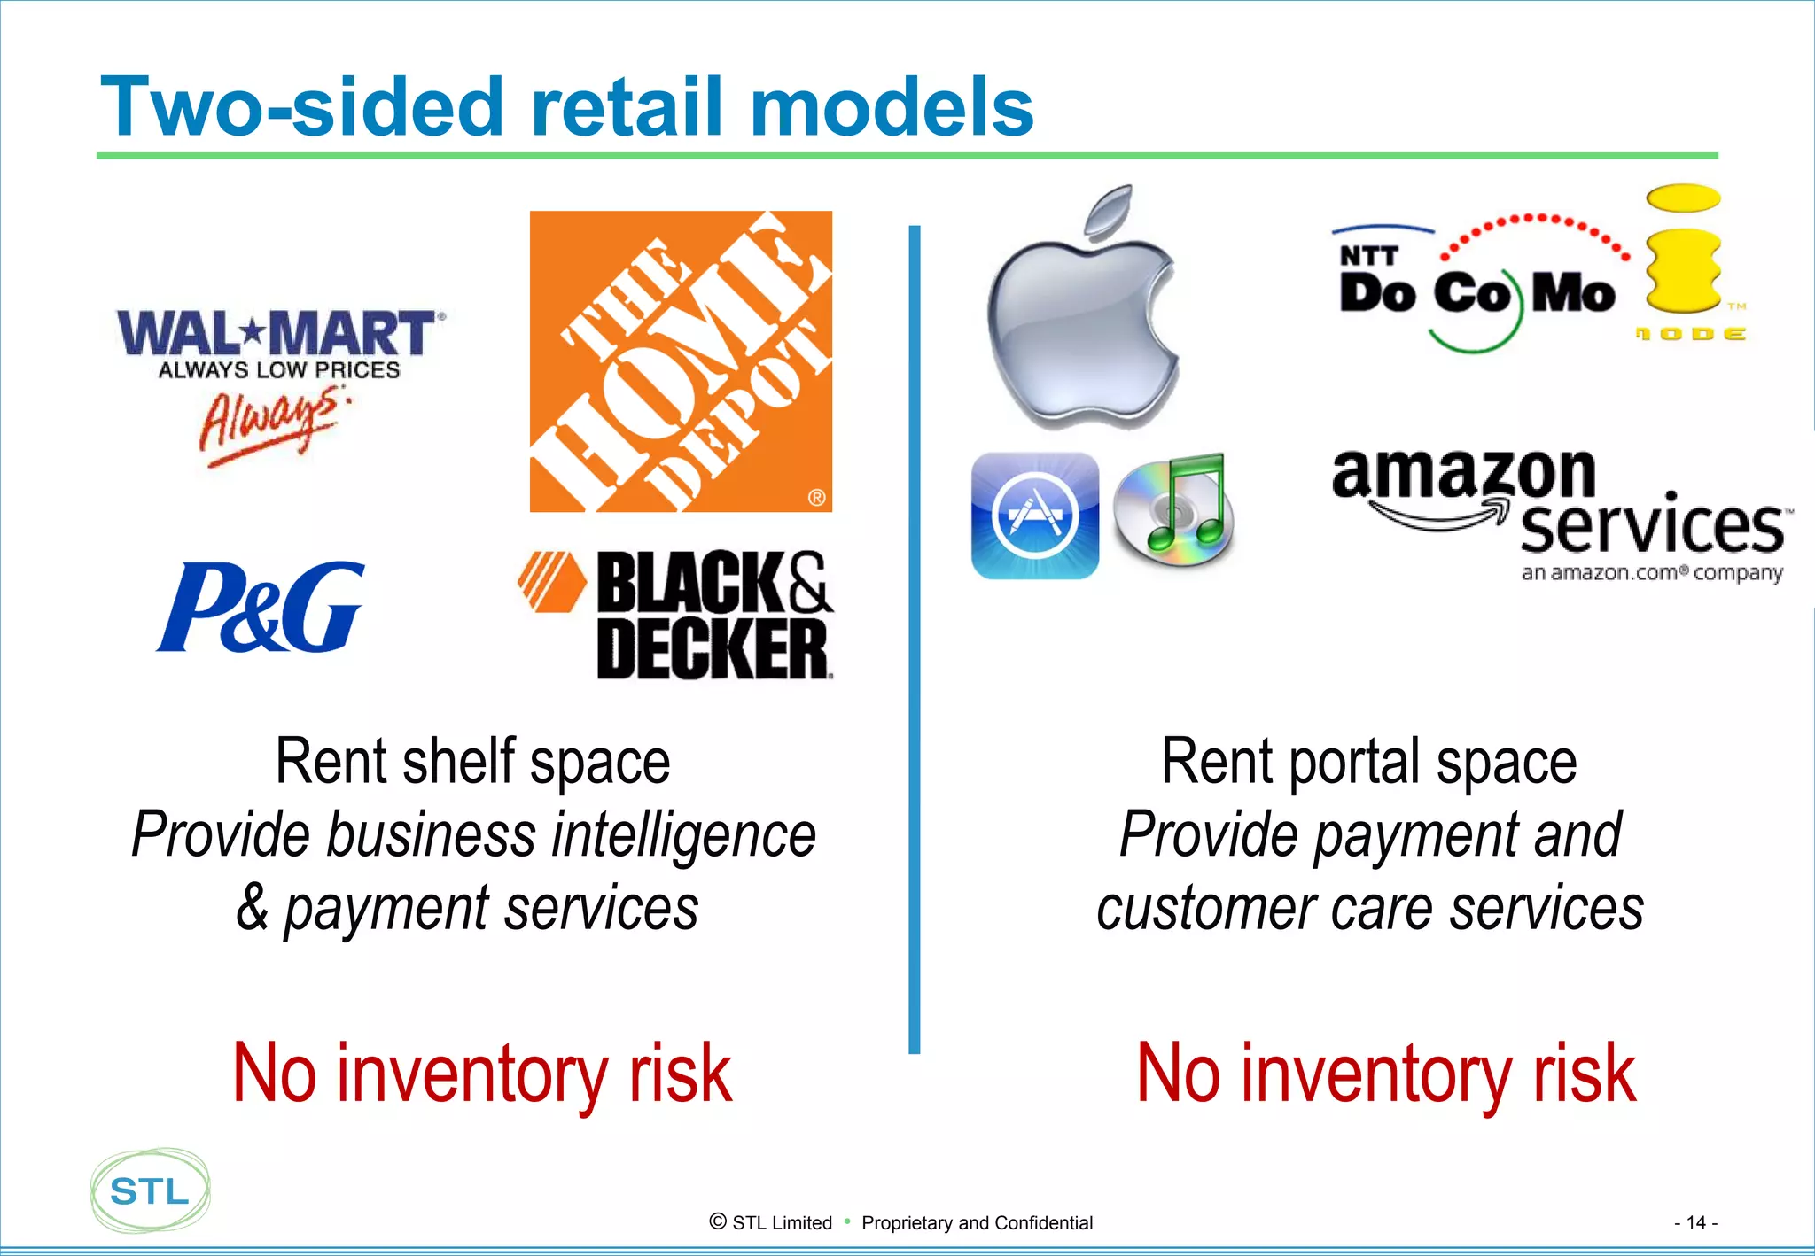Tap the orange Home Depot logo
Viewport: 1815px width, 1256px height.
click(681, 361)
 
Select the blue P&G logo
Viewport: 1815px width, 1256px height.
click(261, 608)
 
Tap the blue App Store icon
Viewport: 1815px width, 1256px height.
click(1035, 516)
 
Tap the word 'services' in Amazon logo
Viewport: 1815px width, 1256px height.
click(1652, 527)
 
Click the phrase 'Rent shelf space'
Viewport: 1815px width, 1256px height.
click(472, 761)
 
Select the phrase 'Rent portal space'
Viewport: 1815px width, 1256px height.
click(1369, 761)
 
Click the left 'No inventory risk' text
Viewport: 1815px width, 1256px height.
click(482, 1073)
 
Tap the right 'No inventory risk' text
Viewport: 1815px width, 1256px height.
click(1386, 1073)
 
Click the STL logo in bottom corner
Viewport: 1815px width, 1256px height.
click(151, 1190)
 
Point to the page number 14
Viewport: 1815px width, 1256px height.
click(1695, 1222)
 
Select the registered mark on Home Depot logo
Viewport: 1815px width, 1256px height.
click(816, 497)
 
